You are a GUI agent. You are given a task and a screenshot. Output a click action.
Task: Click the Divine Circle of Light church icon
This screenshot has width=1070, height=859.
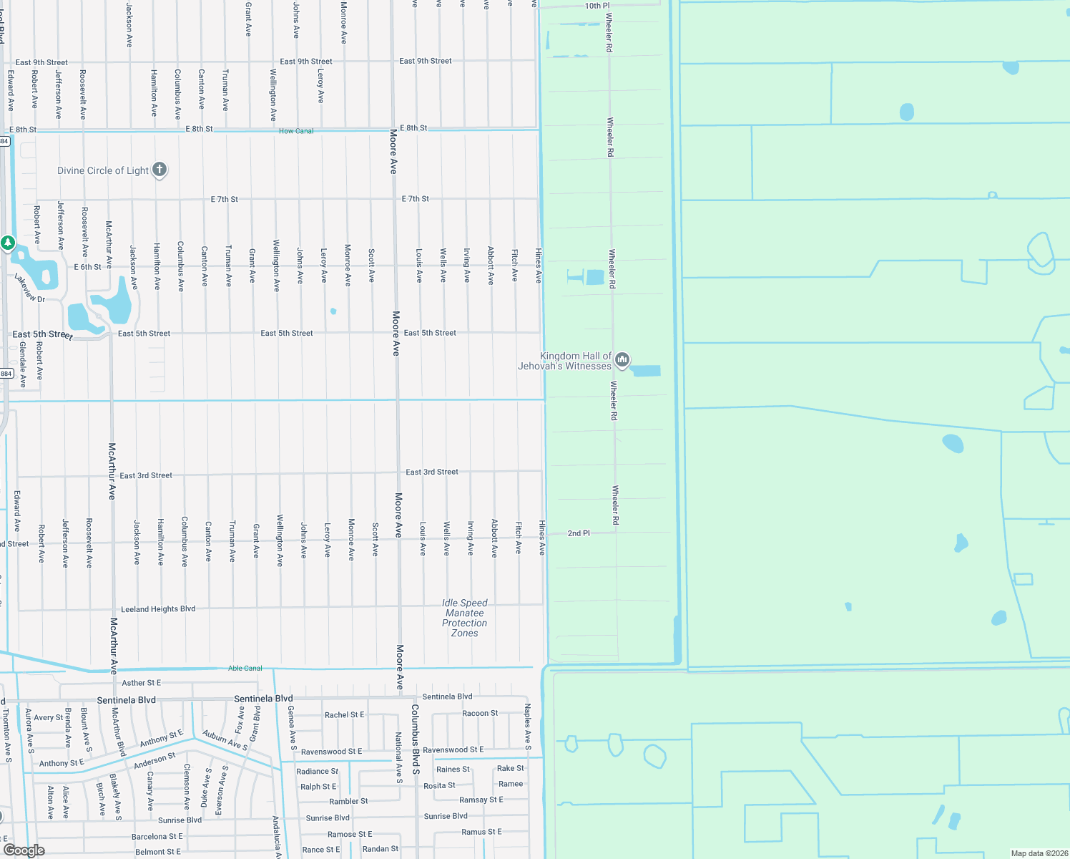click(x=159, y=170)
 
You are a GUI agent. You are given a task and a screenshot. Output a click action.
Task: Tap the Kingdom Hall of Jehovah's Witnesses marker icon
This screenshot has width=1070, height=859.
click(x=622, y=360)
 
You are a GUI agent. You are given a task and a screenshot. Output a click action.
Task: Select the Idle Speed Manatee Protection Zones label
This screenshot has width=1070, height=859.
click(x=465, y=618)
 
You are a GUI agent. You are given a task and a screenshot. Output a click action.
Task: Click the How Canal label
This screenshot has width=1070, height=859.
click(x=296, y=131)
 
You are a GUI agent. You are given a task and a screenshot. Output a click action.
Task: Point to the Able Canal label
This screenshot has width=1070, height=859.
click(x=245, y=668)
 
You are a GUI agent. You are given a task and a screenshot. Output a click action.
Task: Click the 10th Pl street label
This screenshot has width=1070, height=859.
click(x=597, y=6)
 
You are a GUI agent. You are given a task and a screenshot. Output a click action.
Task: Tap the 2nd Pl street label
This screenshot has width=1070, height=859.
click(x=579, y=533)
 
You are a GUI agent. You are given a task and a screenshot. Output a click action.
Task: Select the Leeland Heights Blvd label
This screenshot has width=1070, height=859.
click(x=158, y=609)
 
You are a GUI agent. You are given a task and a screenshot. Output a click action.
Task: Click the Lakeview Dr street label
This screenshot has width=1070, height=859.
click(x=29, y=288)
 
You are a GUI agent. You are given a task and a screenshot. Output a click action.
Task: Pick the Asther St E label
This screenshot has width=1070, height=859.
click(x=142, y=683)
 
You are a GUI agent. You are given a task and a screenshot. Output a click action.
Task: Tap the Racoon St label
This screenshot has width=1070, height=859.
click(x=480, y=713)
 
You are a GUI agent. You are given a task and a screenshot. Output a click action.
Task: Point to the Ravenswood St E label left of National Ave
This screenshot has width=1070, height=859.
click(x=331, y=752)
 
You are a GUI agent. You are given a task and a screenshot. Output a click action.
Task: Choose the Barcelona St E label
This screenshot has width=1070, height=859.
click(x=157, y=836)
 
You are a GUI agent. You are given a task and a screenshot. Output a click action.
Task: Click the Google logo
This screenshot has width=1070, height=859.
click(x=24, y=850)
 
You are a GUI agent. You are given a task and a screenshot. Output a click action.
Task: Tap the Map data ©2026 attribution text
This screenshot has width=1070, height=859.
click(x=1039, y=853)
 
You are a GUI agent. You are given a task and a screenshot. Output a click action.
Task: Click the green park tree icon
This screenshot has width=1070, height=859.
click(x=8, y=243)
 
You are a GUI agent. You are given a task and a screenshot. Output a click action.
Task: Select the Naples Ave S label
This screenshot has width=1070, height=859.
click(x=528, y=727)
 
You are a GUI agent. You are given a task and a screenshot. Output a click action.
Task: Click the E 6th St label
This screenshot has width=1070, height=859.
click(x=87, y=267)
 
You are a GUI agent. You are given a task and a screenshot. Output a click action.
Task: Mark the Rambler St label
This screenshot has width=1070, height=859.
click(x=349, y=801)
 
